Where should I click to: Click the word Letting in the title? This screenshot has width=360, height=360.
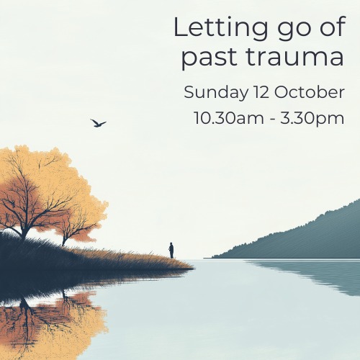coord(220,29)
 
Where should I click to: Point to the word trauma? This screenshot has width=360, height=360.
coord(295,57)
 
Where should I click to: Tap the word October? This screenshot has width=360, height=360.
coord(310,92)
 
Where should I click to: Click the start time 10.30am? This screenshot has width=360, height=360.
coord(229,118)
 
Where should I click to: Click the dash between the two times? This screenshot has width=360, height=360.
coord(272,120)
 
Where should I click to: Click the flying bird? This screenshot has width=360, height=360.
coord(98,123)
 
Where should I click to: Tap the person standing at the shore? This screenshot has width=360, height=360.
coord(171,251)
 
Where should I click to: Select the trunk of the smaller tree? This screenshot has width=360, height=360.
coord(64,240)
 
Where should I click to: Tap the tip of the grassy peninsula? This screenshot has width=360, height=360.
coord(193,268)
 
